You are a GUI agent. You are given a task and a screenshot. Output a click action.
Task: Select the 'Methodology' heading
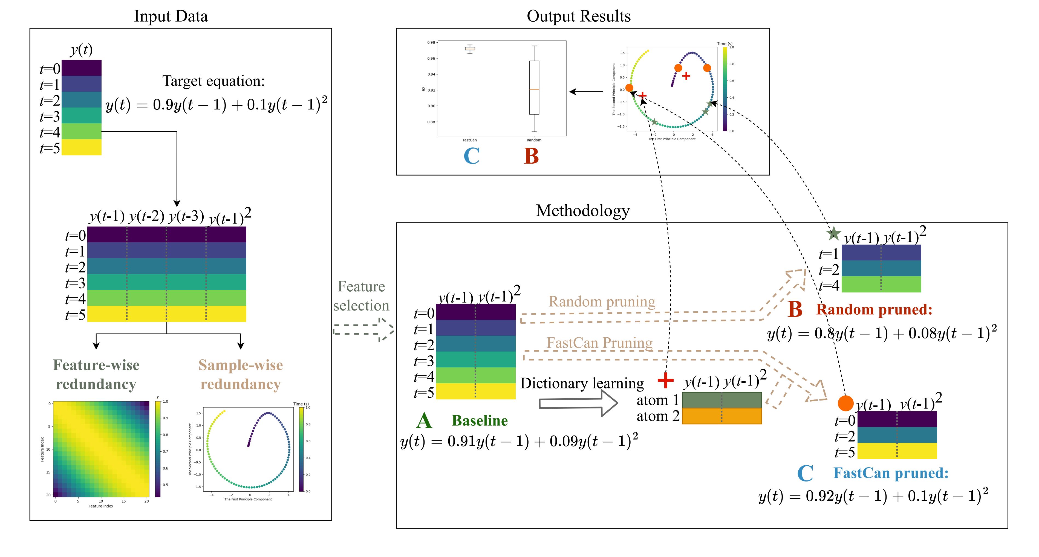point(582,210)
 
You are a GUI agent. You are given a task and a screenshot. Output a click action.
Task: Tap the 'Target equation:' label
point(213,81)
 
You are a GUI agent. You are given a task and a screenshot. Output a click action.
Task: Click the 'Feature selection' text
point(361,296)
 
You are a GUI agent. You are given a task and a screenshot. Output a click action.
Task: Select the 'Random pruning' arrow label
point(602,301)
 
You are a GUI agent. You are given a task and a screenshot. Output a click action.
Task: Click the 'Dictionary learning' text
point(582,383)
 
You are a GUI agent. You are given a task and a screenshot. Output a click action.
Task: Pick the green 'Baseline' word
point(480,420)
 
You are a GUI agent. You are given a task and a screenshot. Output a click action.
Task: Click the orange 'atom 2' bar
point(721,416)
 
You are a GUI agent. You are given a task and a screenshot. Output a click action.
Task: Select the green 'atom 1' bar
point(721,400)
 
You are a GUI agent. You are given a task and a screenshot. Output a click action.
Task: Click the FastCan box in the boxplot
point(470,48)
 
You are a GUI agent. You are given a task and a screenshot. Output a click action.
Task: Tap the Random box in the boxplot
point(534,88)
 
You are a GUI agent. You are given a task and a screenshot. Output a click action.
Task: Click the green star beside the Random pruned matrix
point(833,233)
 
